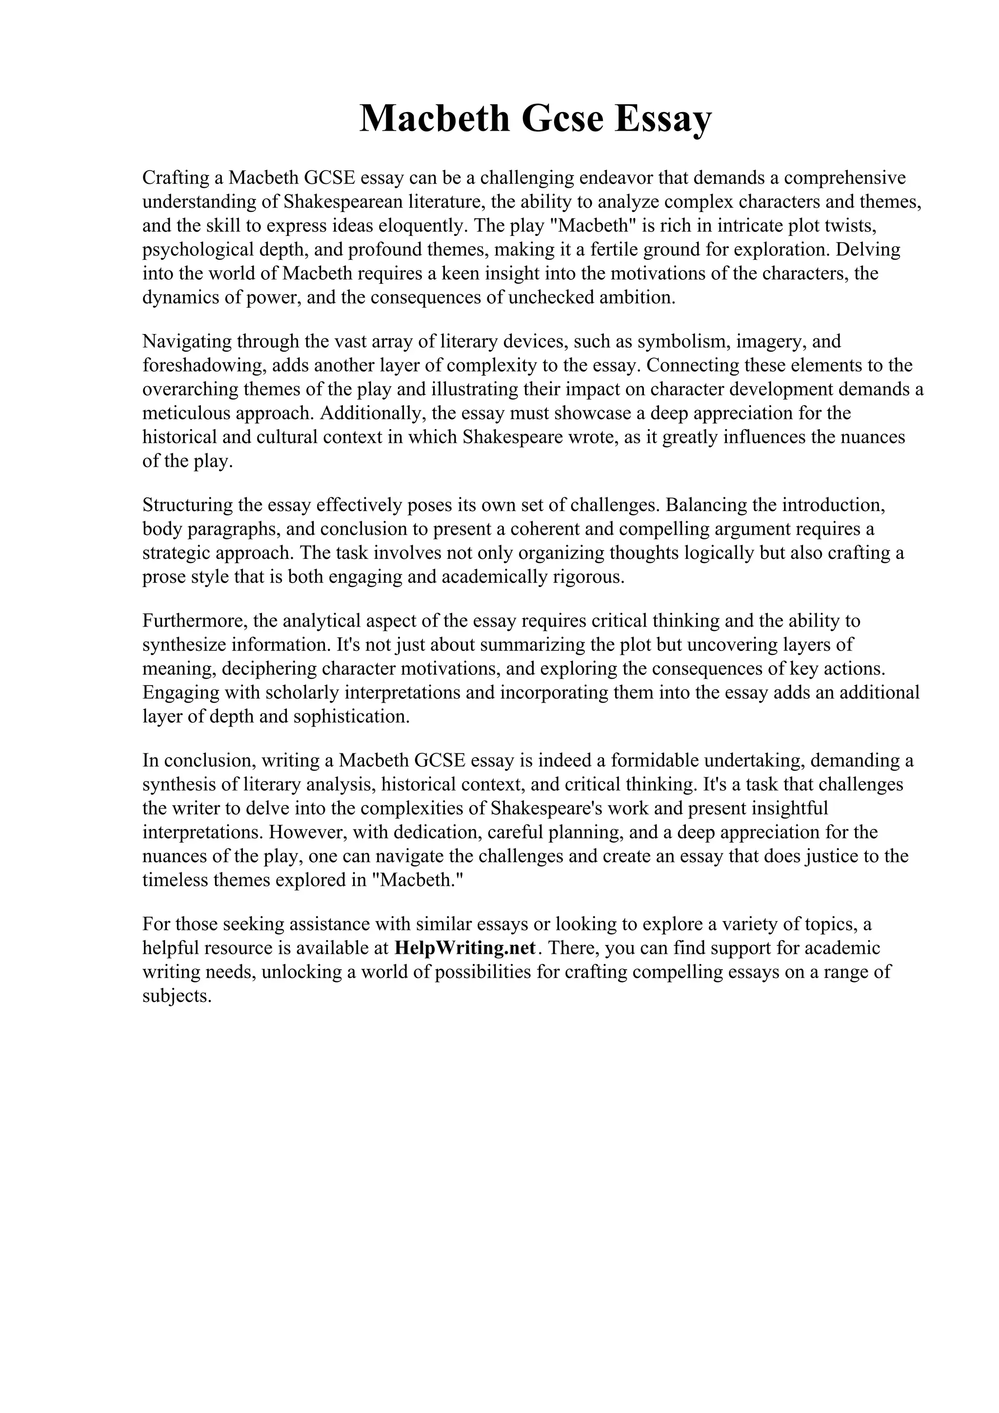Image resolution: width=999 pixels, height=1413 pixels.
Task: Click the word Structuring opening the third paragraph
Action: pyautogui.click(x=186, y=505)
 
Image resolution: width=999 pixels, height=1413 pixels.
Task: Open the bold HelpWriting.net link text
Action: pyautogui.click(x=465, y=948)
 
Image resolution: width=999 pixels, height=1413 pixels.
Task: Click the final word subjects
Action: pyautogui.click(x=177, y=996)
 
